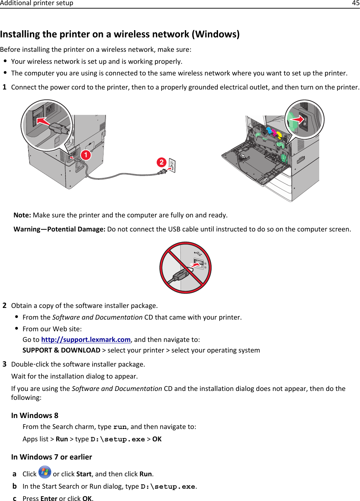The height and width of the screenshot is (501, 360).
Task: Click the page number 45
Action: (x=356, y=3)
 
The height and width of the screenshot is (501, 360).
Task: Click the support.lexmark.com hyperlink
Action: (x=86, y=339)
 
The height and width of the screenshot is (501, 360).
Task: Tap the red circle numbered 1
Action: (x=86, y=155)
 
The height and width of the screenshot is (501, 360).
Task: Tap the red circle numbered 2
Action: (x=161, y=162)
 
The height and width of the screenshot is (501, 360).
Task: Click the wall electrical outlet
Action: (x=172, y=166)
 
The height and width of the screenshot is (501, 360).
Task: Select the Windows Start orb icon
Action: (x=45, y=472)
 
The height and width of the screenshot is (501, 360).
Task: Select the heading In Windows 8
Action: (x=35, y=416)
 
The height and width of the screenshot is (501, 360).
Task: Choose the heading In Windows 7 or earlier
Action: (x=51, y=457)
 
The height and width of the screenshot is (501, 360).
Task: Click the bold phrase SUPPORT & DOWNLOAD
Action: (x=61, y=350)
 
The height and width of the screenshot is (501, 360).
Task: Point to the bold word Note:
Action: (x=22, y=215)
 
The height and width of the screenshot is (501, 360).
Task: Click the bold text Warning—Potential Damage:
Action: (x=59, y=229)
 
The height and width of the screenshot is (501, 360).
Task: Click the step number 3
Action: (x=4, y=364)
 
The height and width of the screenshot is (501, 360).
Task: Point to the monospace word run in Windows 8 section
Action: (x=120, y=427)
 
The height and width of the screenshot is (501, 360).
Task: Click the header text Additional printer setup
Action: (x=37, y=3)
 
